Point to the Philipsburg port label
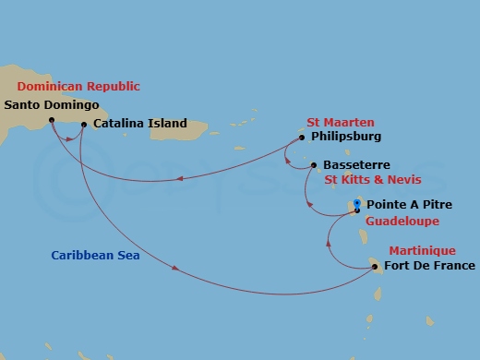pos(346,137)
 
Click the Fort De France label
pos(429,267)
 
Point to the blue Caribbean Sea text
pos(96,256)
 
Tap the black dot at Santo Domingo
pos(52,119)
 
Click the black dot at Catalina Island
pos(85,124)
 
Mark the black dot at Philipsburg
pos(302,138)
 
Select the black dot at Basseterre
pos(316,167)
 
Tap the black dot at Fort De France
pos(375,268)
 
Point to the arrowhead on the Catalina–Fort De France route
pos(175,270)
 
